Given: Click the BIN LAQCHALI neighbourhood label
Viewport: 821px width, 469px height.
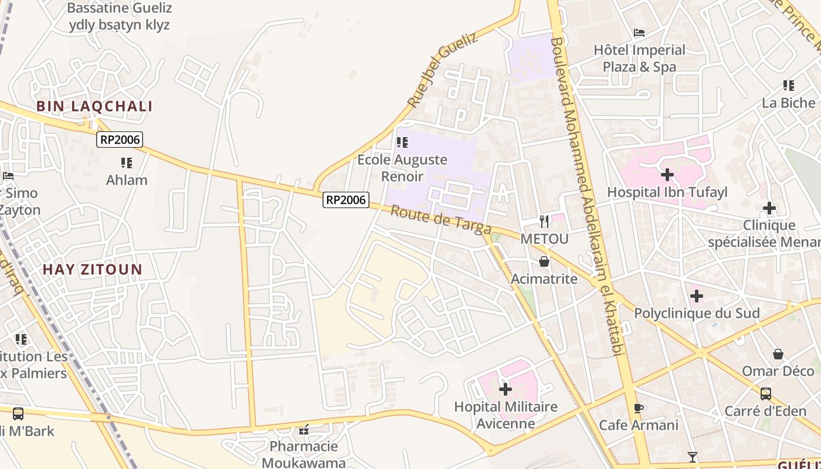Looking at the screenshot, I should tap(94, 106).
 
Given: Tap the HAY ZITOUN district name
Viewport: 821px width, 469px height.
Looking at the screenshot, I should tap(93, 270).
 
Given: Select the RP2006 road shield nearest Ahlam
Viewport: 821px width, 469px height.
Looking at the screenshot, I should tap(120, 140).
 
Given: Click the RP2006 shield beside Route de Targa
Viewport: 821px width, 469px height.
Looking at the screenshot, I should tap(346, 200).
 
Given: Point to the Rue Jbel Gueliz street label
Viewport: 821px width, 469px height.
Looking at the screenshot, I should tap(442, 70).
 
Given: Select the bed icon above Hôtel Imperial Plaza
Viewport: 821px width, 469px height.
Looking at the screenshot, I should tap(639, 33).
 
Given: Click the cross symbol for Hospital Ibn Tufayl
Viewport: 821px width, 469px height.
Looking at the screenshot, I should tap(667, 175).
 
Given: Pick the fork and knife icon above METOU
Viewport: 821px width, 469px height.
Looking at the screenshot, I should tap(544, 221).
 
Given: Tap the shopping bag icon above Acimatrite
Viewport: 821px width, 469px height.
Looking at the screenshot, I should tap(544, 261).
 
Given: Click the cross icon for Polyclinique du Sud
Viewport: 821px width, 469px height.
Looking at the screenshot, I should tap(696, 296).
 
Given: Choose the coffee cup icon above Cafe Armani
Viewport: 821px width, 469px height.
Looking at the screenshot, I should tap(639, 408).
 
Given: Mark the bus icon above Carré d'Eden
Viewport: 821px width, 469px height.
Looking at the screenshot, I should tap(765, 393).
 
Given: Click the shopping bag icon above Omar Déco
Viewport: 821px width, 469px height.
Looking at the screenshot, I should tap(778, 354).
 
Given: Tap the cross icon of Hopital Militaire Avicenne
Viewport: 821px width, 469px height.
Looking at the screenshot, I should tap(505, 389).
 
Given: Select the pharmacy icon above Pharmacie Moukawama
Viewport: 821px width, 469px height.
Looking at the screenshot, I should tap(304, 430).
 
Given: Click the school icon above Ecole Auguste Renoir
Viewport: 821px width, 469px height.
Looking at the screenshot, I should tap(402, 142).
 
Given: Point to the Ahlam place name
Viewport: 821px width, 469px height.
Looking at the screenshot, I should tap(127, 180).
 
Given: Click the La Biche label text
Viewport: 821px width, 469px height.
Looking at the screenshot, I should tap(788, 103).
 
